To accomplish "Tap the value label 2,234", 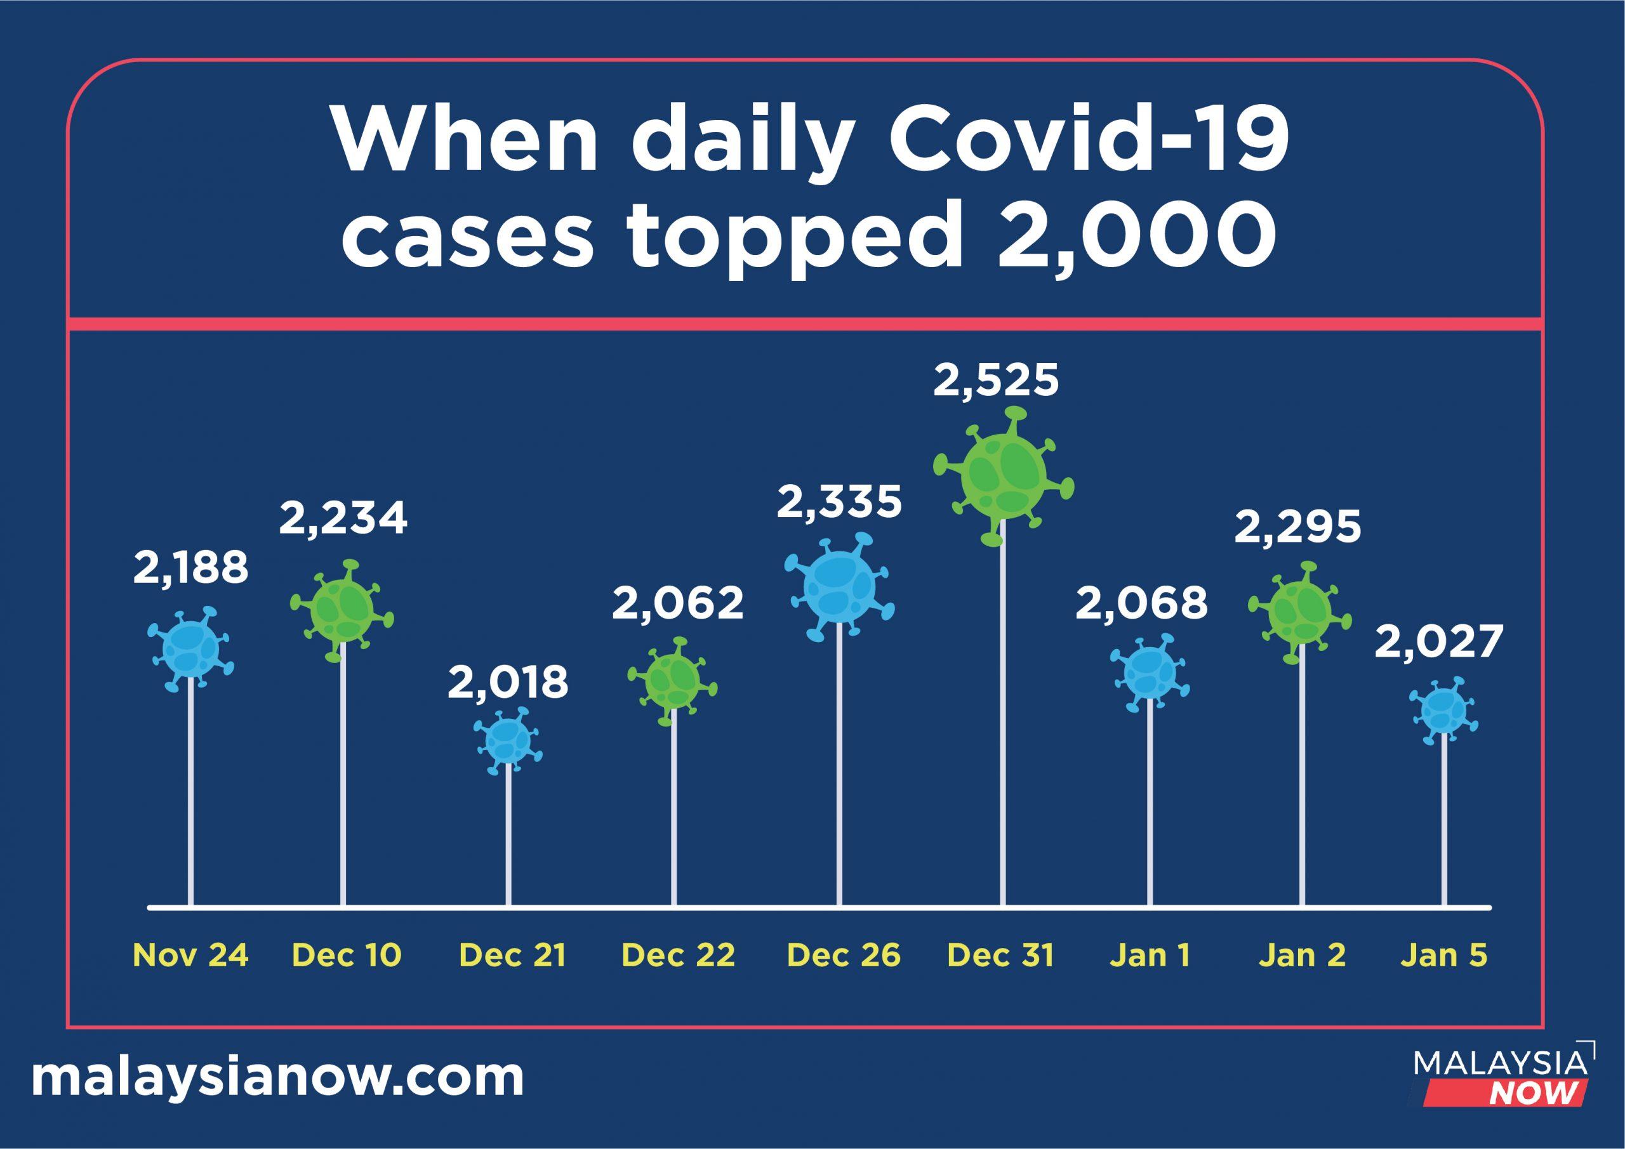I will [x=343, y=518].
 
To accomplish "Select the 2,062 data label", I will [x=678, y=603].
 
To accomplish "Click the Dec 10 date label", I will [x=347, y=956].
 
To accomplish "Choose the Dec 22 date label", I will [x=678, y=956].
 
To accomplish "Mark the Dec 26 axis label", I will [x=844, y=956].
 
